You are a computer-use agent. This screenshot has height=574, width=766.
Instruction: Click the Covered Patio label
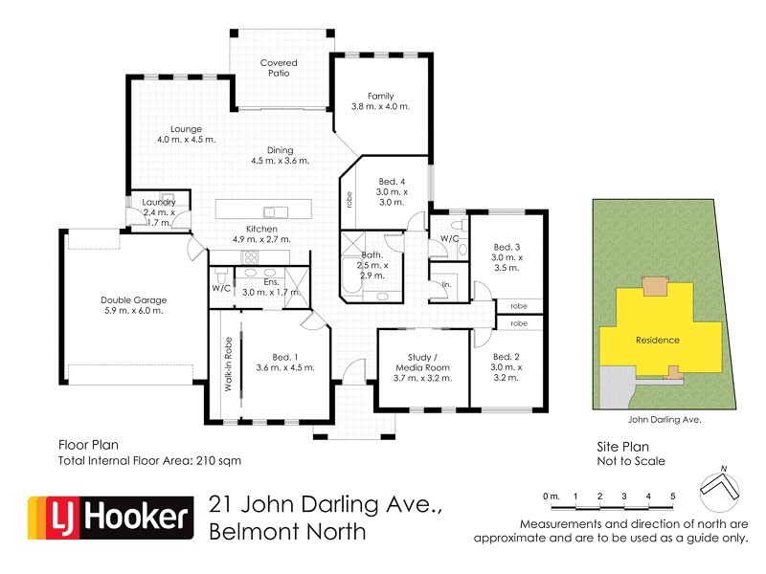(x=281, y=68)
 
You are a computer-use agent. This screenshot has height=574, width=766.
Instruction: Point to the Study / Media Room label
(x=422, y=367)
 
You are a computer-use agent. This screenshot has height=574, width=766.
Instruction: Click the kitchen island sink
(x=276, y=211)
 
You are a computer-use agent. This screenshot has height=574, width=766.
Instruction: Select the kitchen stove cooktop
(x=251, y=257)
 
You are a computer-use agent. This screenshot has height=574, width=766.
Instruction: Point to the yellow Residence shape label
(x=658, y=340)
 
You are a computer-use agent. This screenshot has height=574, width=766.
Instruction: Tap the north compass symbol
(x=719, y=490)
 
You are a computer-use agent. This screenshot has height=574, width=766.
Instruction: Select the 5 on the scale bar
(x=673, y=496)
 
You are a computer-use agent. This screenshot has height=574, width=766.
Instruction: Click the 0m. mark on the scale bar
(x=550, y=496)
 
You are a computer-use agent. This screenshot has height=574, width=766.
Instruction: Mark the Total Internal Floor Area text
(x=149, y=460)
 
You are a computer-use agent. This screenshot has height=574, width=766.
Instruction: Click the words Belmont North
(x=287, y=532)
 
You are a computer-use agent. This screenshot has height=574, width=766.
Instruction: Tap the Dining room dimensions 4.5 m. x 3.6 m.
(x=281, y=161)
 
